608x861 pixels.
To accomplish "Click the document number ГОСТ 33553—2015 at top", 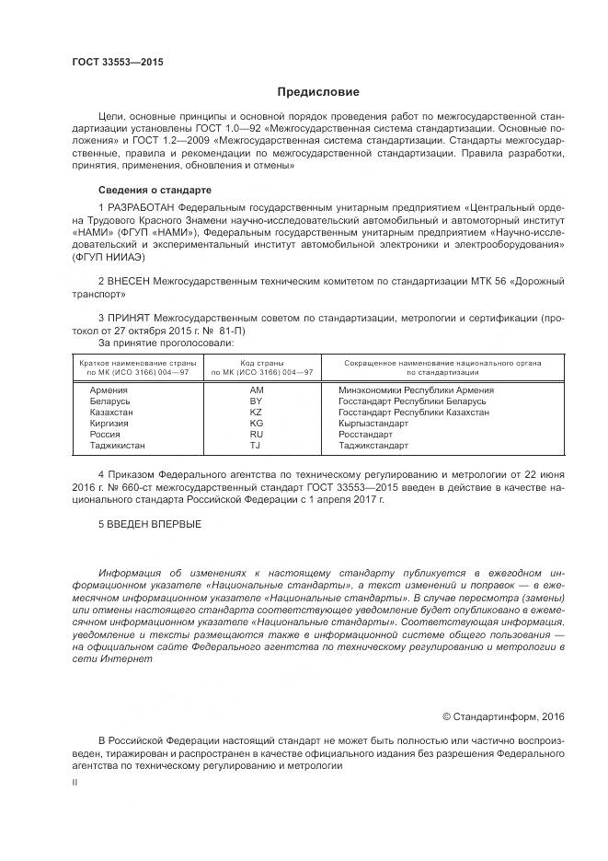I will point(113,62).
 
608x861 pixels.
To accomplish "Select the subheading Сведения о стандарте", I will point(147,190).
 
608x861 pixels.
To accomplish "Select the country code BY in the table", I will point(257,401).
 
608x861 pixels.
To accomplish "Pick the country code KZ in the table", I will point(257,413).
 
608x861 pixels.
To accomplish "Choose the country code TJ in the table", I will point(257,445).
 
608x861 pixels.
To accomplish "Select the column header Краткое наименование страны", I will point(132,363).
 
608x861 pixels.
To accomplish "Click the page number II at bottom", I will point(75,781).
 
